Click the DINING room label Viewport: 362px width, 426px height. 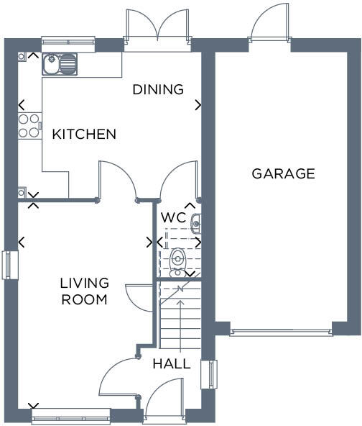point(158,90)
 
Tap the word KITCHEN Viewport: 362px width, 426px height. point(84,135)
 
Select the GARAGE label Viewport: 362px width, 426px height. point(283,173)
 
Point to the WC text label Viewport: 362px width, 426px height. point(173,217)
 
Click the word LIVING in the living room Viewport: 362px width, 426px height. point(84,283)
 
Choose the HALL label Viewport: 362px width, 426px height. point(172,364)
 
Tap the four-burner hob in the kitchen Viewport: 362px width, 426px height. point(29,127)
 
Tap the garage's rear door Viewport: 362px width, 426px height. point(269,25)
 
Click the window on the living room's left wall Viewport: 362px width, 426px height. point(8,264)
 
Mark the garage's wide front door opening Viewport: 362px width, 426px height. point(281,332)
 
